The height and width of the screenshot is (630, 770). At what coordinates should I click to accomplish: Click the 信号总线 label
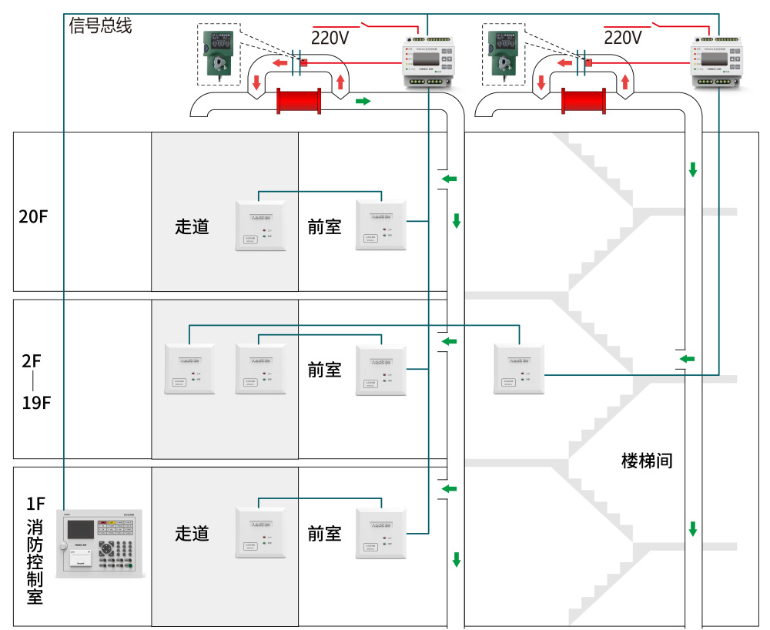[100, 25]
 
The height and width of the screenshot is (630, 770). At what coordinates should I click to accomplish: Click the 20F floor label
[33, 216]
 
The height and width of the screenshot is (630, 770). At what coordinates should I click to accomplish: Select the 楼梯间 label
[647, 461]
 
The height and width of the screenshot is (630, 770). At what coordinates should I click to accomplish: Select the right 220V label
[622, 38]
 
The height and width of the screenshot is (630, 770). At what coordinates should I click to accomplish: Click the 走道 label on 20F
[192, 226]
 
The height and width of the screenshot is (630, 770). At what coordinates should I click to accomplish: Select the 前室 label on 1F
[324, 533]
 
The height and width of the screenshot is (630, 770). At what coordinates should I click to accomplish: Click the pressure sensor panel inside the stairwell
[519, 370]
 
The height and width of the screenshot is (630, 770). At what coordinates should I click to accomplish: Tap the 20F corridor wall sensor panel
[259, 226]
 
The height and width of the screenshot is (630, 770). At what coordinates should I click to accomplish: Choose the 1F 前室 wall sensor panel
[380, 534]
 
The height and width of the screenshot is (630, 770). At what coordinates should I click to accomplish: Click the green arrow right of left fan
[362, 101]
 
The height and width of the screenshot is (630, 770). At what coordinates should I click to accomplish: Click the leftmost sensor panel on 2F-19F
[189, 370]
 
